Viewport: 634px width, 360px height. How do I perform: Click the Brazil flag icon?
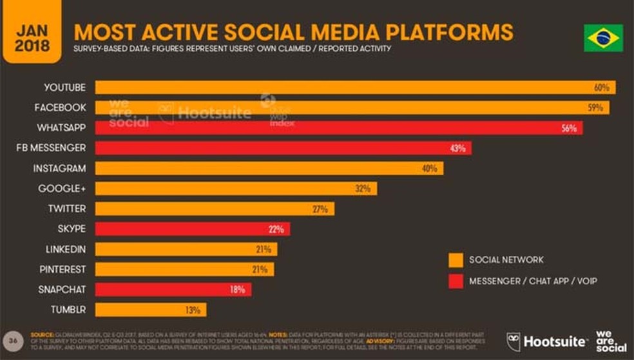[603, 38]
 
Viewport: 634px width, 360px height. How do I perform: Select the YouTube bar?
[354, 88]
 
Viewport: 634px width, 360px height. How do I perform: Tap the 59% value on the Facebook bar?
[595, 108]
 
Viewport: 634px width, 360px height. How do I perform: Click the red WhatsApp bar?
[338, 128]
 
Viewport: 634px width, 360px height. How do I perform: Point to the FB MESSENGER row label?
[52, 148]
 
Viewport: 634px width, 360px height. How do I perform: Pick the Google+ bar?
[236, 189]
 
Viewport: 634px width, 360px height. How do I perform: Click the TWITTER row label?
[67, 209]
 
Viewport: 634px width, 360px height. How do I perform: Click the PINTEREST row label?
[63, 269]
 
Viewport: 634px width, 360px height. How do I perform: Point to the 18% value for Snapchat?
[237, 290]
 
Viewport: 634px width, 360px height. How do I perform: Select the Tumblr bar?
[151, 310]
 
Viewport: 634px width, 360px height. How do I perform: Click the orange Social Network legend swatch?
[456, 260]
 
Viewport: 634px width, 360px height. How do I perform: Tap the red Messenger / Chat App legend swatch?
[456, 281]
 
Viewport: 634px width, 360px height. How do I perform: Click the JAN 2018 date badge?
[32, 38]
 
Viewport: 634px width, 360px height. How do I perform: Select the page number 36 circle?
[13, 339]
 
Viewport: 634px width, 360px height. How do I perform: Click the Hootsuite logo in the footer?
[548, 341]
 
